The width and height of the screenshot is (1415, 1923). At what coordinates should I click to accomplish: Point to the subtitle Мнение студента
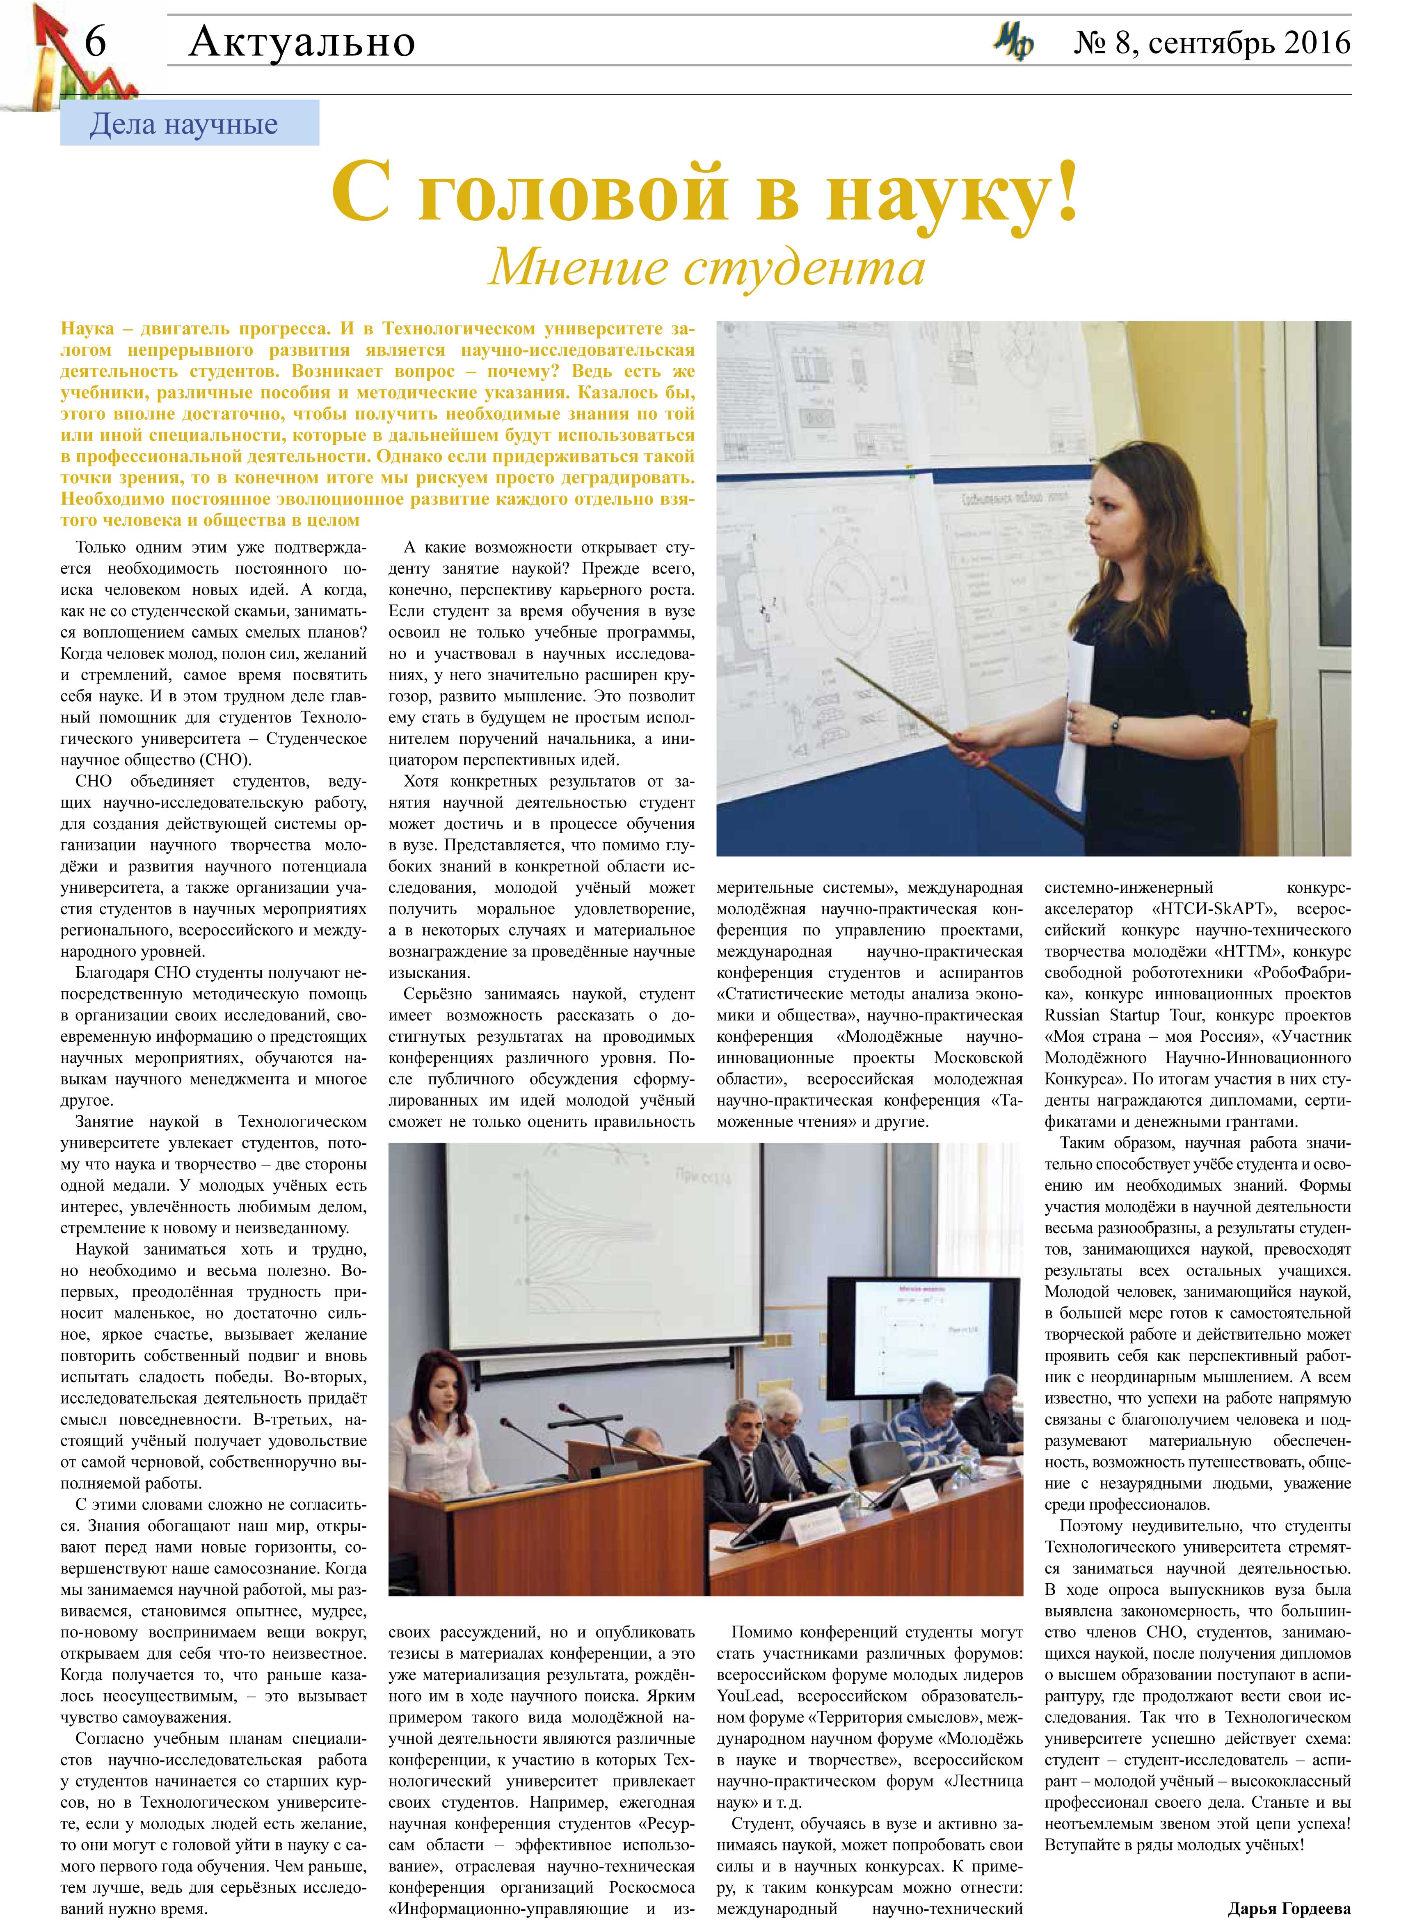coord(706,268)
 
